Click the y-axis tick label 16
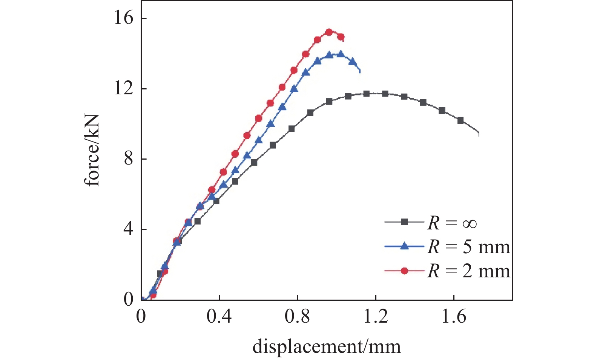pos(124,18)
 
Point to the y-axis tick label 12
pos(124,89)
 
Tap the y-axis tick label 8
pos(129,159)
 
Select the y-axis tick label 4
pos(129,229)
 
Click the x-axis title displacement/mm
pos(327,346)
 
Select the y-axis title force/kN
pos(92,150)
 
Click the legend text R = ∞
pos(452,223)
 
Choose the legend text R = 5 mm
pos(469,247)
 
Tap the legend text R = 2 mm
pos(469,271)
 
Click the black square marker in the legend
pos(404,222)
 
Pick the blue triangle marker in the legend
pos(404,246)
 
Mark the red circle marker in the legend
pos(404,271)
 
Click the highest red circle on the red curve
pos(329,32)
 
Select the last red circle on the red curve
pos(341,37)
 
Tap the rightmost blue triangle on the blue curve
pos(352,62)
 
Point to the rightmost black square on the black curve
pos(460,120)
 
